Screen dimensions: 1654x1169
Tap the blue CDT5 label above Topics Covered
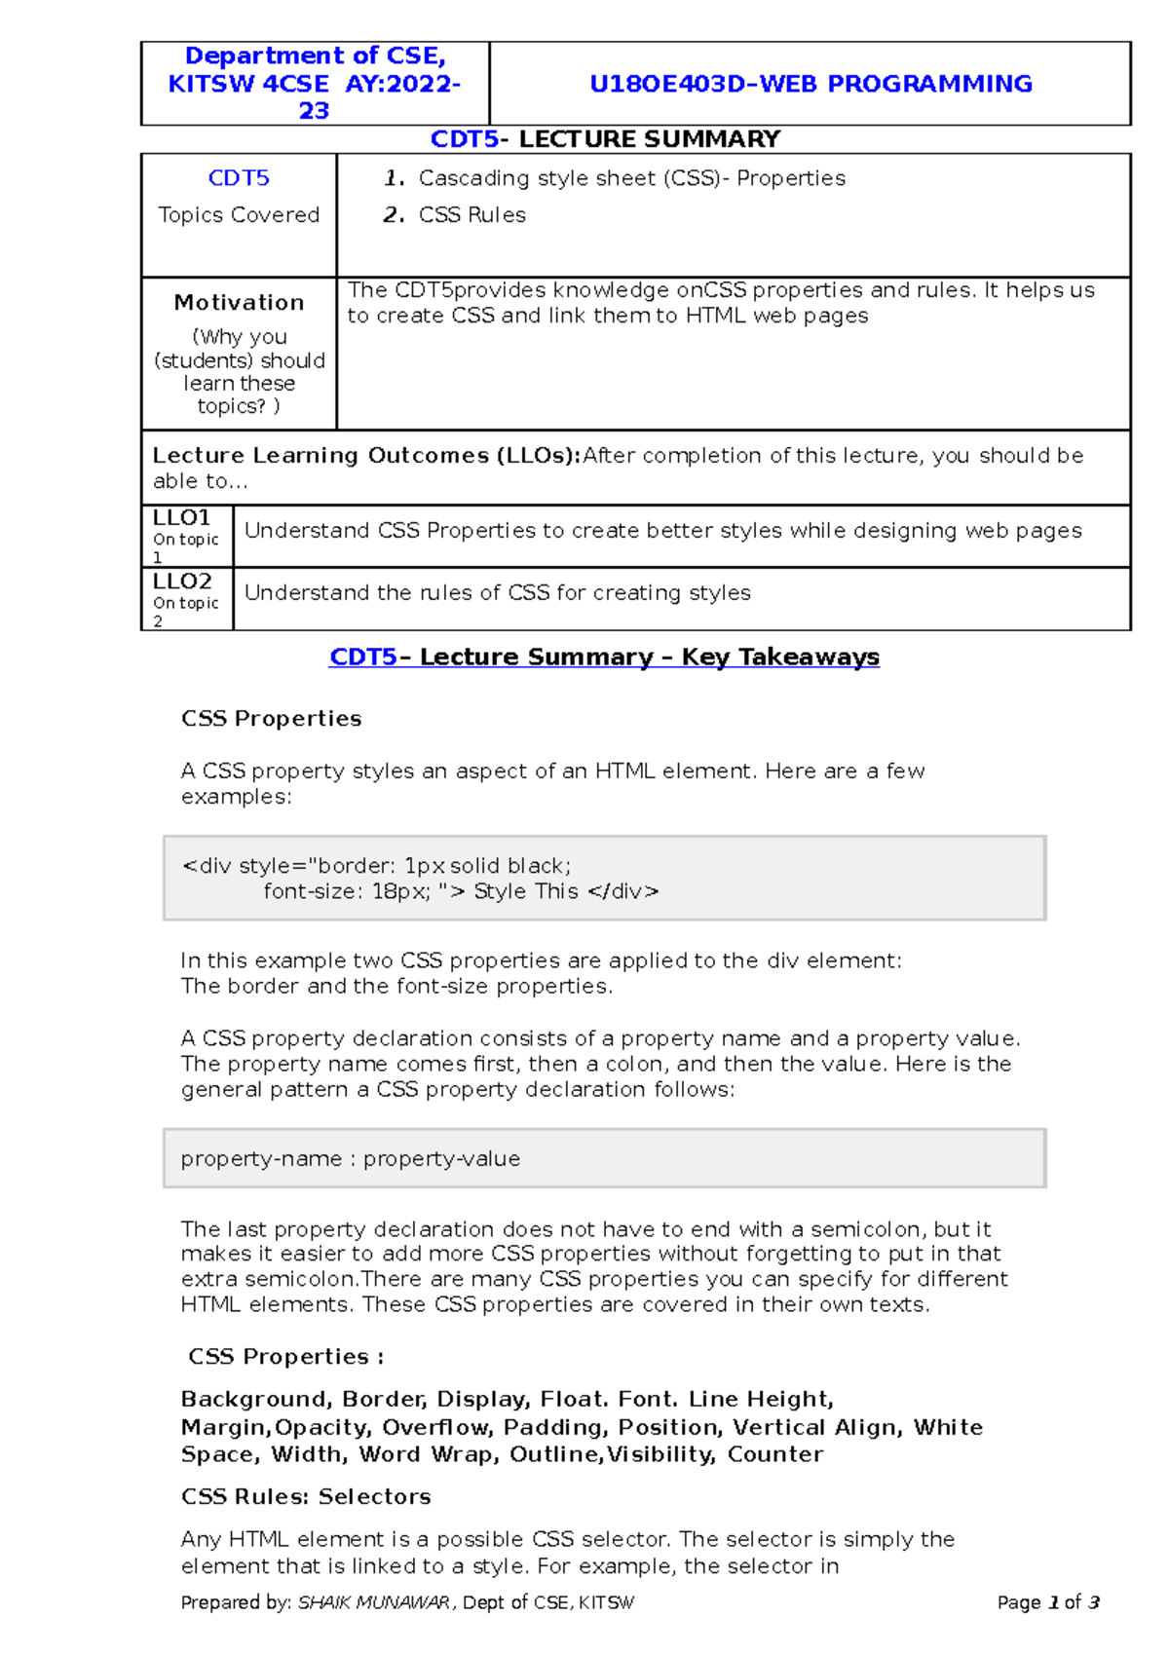pyautogui.click(x=239, y=178)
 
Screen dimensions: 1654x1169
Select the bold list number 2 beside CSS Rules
pyautogui.click(x=393, y=215)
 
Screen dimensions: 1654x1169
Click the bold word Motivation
pyautogui.click(x=239, y=303)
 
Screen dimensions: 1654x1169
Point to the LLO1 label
pyautogui.click(x=181, y=517)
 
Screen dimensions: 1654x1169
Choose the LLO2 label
pyautogui.click(x=182, y=582)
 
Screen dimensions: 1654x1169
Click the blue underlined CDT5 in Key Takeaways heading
pyautogui.click(x=362, y=658)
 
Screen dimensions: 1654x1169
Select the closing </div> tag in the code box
pyautogui.click(x=623, y=891)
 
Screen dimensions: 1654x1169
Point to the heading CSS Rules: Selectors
pyautogui.click(x=306, y=1497)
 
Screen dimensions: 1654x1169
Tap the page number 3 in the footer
pyautogui.click(x=1093, y=1602)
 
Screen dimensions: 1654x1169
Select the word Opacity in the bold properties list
pyautogui.click(x=321, y=1428)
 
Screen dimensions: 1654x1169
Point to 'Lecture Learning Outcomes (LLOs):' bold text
pyautogui.click(x=366, y=456)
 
